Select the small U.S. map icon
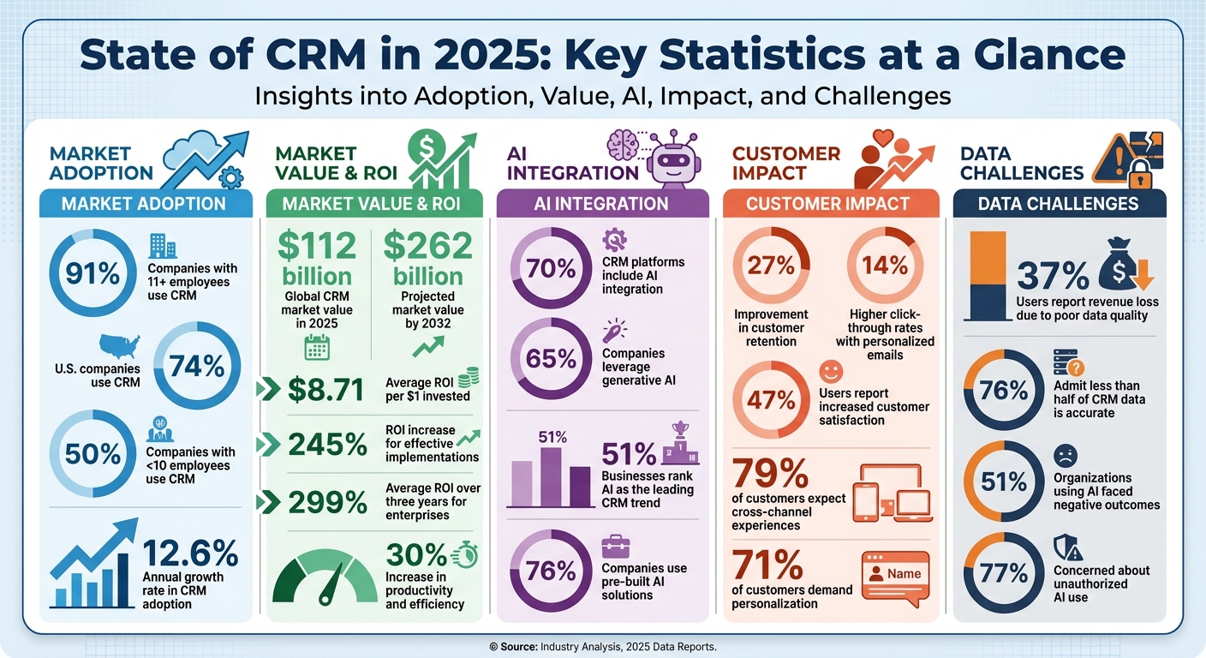tap(119, 346)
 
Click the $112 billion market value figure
tap(318, 260)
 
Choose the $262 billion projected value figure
tap(427, 260)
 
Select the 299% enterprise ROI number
tap(329, 502)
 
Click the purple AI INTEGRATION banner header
tap(601, 204)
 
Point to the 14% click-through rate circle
tap(886, 266)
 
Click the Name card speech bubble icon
tap(894, 575)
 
